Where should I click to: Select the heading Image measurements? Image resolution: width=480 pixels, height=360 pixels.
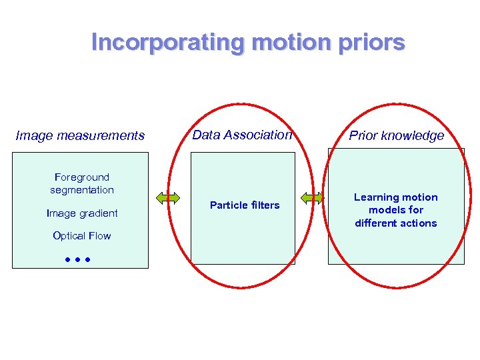pos(80,136)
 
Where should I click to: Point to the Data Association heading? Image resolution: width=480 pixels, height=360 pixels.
pos(242,135)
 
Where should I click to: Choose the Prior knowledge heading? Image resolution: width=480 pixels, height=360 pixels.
pos(396,136)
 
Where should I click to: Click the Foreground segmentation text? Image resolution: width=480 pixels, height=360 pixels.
pos(82,183)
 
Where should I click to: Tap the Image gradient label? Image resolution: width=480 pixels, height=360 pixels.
pos(82,213)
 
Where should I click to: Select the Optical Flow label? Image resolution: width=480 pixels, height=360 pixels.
pos(82,236)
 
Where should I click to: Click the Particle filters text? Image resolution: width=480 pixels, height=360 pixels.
pos(245,205)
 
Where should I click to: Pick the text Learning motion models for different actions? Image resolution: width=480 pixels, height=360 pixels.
pos(396,210)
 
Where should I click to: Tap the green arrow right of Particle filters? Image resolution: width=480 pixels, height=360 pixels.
pos(311,197)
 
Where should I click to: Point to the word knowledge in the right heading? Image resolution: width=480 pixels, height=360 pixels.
pos(413,136)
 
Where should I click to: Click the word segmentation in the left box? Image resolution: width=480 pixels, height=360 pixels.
pos(82,190)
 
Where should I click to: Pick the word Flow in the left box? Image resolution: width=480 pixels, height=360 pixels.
pos(99,236)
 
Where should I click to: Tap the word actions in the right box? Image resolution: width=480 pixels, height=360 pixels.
pos(417,223)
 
